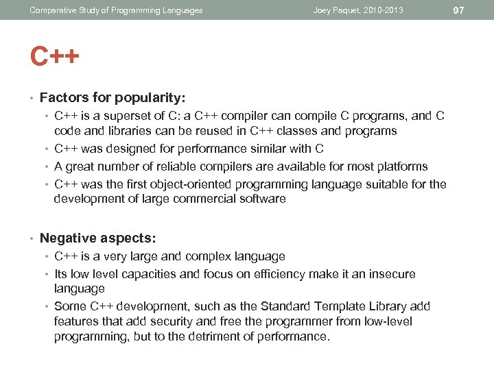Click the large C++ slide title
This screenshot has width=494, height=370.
(54, 56)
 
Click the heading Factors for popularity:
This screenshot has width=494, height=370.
(113, 98)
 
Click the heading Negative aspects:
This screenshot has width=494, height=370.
(98, 238)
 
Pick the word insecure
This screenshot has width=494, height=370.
(390, 274)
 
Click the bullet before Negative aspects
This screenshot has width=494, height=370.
(32, 239)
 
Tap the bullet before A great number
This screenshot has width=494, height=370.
(47, 166)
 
